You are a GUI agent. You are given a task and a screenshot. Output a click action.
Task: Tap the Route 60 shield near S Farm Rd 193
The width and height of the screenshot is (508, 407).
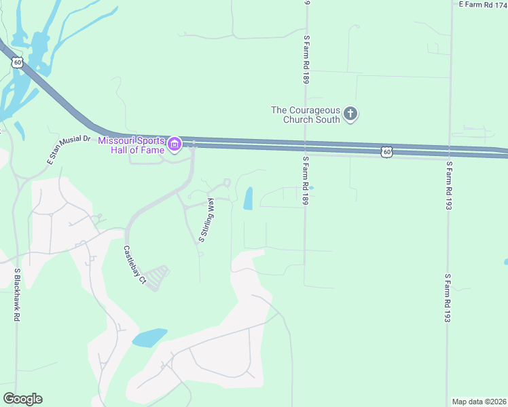tap(386, 152)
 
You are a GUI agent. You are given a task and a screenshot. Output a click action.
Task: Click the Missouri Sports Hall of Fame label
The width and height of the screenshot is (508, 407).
tap(132, 144)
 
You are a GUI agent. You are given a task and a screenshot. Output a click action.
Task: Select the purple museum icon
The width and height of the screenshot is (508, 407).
tap(175, 144)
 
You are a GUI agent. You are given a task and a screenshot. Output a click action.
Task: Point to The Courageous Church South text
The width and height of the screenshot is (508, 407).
tap(305, 114)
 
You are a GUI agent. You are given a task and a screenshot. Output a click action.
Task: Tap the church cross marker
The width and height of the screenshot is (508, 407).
tap(350, 113)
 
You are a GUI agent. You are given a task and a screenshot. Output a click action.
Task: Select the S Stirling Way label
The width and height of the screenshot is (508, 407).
tap(206, 220)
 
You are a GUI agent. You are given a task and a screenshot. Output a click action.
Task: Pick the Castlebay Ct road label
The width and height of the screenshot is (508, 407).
tap(134, 264)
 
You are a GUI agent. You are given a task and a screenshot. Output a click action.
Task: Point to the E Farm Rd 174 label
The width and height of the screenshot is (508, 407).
tap(483, 4)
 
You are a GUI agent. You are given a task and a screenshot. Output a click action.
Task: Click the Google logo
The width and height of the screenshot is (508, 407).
tap(22, 399)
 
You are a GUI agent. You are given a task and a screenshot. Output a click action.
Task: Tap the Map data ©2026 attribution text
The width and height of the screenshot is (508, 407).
tap(479, 402)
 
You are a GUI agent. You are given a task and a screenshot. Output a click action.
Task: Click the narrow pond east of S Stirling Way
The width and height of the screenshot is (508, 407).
tap(248, 198)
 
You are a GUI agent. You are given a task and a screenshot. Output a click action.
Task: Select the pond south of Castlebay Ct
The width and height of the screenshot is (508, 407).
tap(150, 337)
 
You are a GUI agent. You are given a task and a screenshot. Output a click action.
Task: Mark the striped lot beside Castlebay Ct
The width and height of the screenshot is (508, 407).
tap(157, 277)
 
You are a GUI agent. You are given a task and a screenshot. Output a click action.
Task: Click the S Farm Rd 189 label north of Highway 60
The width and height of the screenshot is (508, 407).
tap(307, 60)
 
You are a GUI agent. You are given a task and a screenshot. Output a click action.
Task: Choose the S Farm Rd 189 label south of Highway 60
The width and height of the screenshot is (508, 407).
tap(306, 180)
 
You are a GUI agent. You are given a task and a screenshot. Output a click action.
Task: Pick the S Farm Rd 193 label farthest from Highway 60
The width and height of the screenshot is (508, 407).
tap(448, 298)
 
